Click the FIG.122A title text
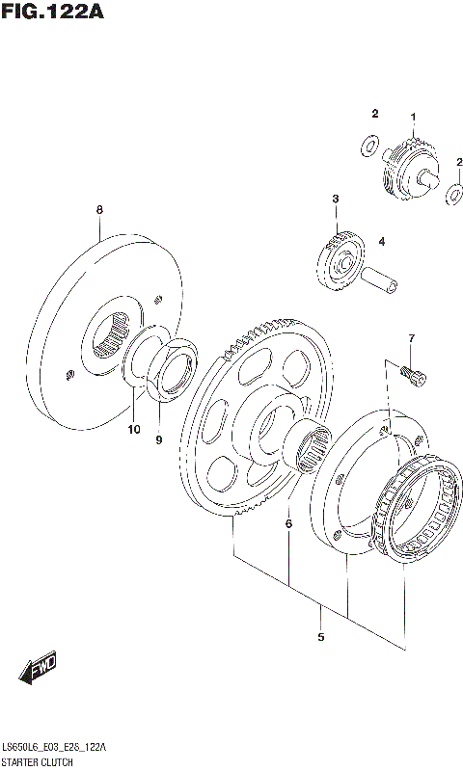(x=52, y=13)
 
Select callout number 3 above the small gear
(x=335, y=199)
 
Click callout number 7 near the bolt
(x=410, y=338)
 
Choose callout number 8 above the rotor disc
(x=98, y=210)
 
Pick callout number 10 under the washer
(x=133, y=429)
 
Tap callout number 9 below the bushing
(x=160, y=440)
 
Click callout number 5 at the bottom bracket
(x=320, y=637)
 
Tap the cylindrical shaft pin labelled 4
(x=380, y=279)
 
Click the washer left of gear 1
(x=368, y=146)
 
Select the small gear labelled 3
(x=338, y=260)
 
